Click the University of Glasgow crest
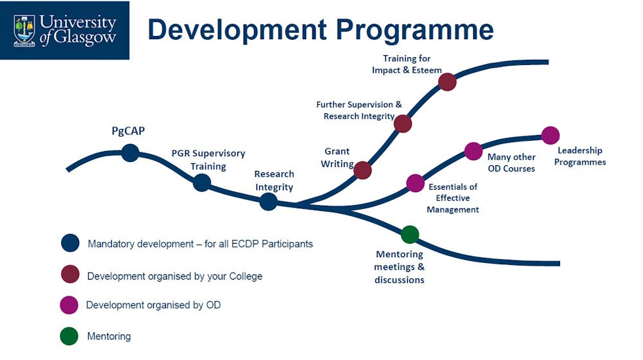point(24,31)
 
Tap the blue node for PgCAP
point(130,153)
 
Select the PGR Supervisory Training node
point(202,183)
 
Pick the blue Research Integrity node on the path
point(268,201)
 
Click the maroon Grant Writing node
point(363,170)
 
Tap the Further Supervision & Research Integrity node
point(403,123)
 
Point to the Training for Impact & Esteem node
point(448,82)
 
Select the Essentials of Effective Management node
point(415,183)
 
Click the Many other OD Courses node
point(473,151)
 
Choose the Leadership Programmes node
point(550,135)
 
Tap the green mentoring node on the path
point(410,235)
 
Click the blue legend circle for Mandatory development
point(70,243)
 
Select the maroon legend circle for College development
point(70,274)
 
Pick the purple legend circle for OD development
point(69,305)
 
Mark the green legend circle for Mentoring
point(69,336)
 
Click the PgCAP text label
point(129,131)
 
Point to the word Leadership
point(580,150)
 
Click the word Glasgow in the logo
point(85,37)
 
